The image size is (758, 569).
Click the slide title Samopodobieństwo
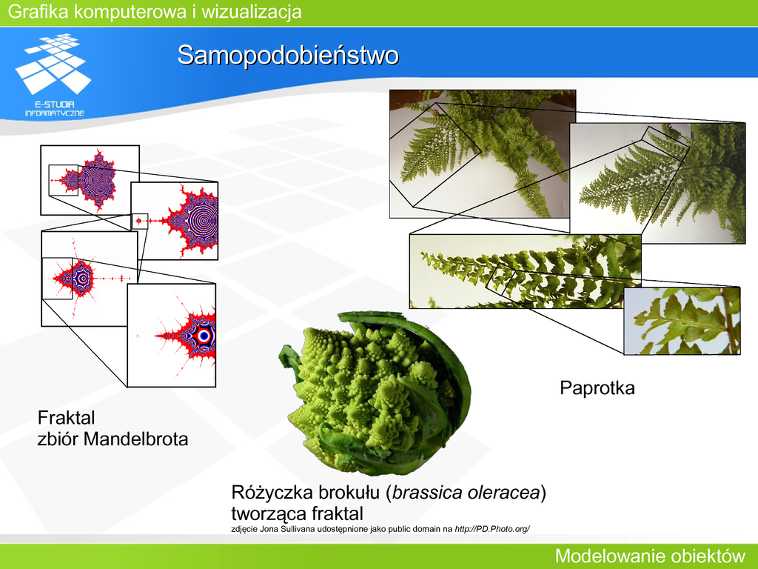(288, 55)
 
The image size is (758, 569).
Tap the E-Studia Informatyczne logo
(53, 75)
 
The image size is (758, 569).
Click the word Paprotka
(597, 388)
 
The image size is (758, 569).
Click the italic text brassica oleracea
(466, 493)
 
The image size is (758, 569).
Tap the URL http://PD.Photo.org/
(492, 529)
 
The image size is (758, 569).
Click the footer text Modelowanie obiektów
(650, 556)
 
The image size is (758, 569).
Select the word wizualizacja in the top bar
(252, 12)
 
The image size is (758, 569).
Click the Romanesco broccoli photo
(375, 393)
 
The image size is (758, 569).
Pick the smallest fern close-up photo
(682, 321)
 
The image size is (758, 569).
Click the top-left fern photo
(483, 154)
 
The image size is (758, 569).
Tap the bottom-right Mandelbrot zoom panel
(172, 336)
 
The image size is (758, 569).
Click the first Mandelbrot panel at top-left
(90, 180)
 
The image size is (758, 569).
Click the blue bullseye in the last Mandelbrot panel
(204, 336)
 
